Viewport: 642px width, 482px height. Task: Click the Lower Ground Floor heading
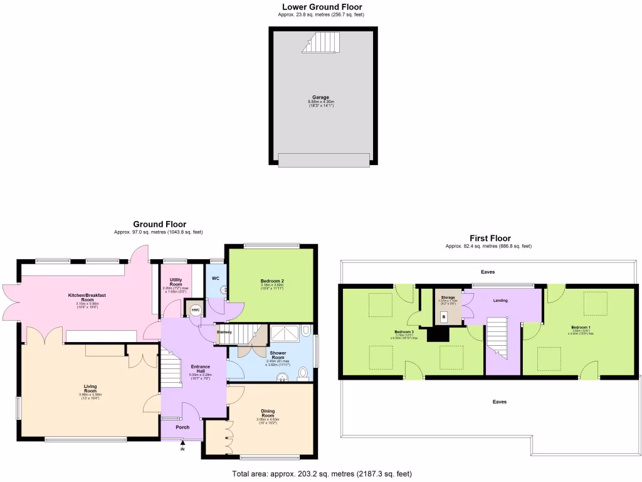(x=322, y=7)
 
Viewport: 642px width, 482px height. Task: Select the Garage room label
(x=321, y=97)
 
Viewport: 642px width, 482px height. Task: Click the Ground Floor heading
(x=159, y=224)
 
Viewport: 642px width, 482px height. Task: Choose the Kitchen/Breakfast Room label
(x=87, y=297)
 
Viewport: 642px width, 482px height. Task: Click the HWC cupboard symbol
(x=195, y=309)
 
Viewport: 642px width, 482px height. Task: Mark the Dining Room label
(x=268, y=414)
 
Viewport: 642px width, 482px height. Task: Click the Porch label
(x=182, y=427)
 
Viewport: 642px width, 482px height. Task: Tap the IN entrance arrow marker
(x=182, y=446)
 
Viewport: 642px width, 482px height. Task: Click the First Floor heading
(x=490, y=238)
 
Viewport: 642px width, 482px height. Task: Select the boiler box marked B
(x=445, y=318)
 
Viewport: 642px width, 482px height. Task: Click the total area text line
(x=322, y=474)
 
